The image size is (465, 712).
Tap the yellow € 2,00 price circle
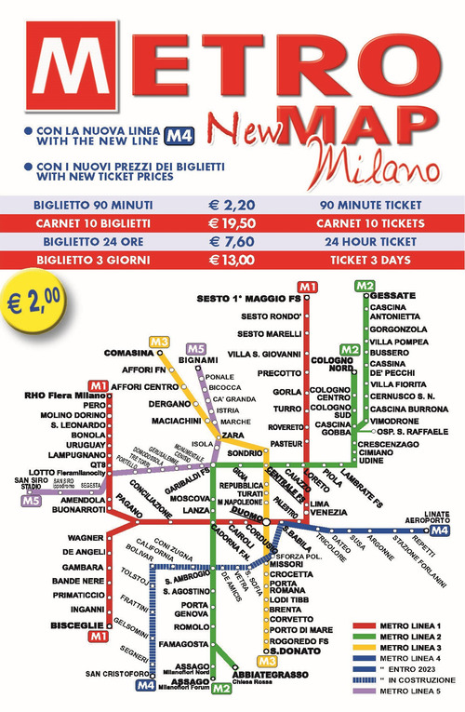(40, 302)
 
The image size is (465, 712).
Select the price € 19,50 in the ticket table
(232, 223)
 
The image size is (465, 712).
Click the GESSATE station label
(392, 295)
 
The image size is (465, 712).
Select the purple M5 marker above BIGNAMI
(195, 347)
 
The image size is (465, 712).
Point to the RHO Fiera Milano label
(63, 396)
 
